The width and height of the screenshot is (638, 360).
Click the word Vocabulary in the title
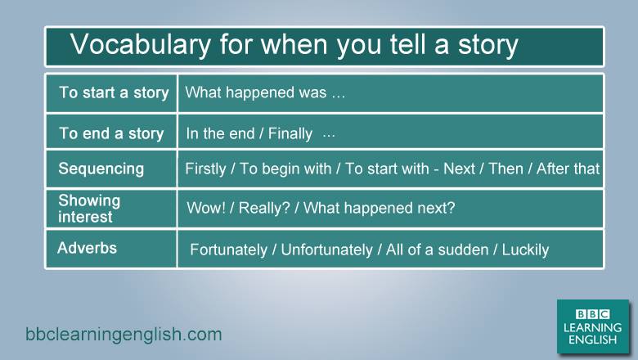coord(141,44)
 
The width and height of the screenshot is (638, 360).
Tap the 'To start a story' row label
coord(114,92)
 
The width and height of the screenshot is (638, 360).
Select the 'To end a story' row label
coord(111,133)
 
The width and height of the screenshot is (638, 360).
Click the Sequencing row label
coord(101,169)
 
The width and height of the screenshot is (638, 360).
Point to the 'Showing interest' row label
coord(89,209)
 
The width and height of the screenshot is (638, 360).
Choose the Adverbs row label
coord(87,248)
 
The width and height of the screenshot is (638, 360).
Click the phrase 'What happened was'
coord(256,92)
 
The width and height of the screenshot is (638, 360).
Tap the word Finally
coord(290,133)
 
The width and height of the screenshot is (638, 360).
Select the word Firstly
coord(205,169)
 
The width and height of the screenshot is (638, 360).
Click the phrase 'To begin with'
coord(285,169)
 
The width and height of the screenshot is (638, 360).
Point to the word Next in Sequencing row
coord(459,169)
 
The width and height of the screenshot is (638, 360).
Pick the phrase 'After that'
coord(568,169)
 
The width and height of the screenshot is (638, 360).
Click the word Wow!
coord(206,208)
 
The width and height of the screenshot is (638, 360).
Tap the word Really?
coord(264,208)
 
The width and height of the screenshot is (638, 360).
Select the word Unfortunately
coord(326,250)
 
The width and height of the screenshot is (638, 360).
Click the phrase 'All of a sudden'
coord(437,250)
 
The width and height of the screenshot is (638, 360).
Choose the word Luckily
coord(525,250)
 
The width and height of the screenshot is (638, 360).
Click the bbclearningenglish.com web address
coord(124,335)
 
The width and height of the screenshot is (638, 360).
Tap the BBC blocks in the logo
coord(592,314)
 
